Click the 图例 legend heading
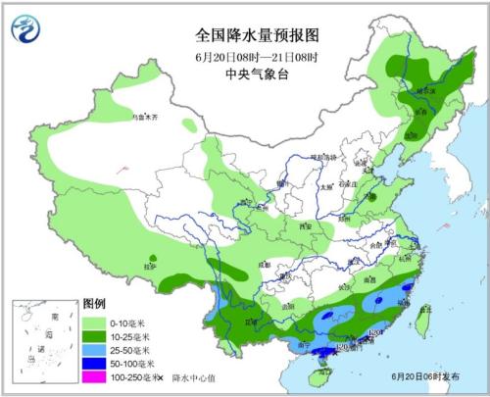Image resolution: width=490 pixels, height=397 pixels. [x=94, y=305]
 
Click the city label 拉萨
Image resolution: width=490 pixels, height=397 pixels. [x=149, y=266]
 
